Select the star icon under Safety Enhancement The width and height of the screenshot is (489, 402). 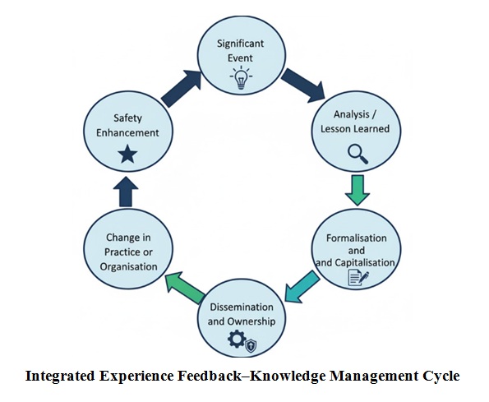tap(127, 154)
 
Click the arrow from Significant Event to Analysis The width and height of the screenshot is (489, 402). tap(303, 85)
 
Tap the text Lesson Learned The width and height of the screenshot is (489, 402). tap(355, 129)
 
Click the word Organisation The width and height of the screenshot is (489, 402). tap(127, 266)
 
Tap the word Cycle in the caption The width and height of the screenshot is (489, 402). tap(441, 377)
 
